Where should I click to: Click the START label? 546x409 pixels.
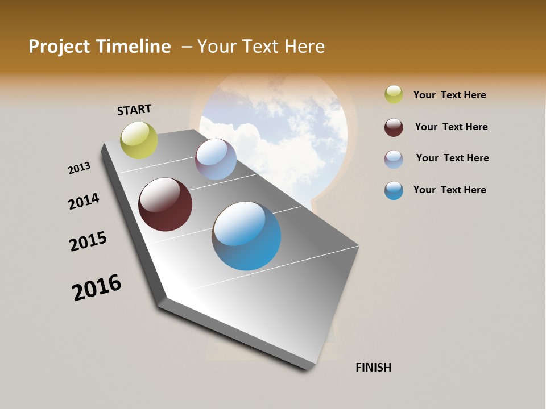(x=134, y=110)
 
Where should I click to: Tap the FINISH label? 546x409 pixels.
(x=374, y=368)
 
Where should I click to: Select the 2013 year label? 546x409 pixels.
(x=80, y=168)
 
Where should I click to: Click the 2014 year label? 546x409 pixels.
(x=84, y=202)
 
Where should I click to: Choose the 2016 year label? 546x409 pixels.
(x=97, y=287)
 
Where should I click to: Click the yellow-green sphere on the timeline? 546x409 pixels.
(x=139, y=140)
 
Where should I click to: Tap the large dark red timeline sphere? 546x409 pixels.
(x=166, y=204)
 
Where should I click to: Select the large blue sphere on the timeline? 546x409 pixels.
(x=246, y=236)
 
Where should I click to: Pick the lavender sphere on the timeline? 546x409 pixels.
(x=216, y=159)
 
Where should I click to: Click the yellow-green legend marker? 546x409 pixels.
(x=394, y=94)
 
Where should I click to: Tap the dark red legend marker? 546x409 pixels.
(x=394, y=127)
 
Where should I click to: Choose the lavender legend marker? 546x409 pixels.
(x=394, y=159)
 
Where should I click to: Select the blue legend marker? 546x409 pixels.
(x=394, y=190)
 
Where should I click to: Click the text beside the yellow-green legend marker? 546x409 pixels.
(x=449, y=95)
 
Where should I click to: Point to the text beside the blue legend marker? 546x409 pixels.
(x=449, y=190)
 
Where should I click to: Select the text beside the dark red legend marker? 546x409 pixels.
(x=451, y=127)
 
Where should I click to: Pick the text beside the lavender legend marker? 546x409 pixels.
(x=452, y=158)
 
